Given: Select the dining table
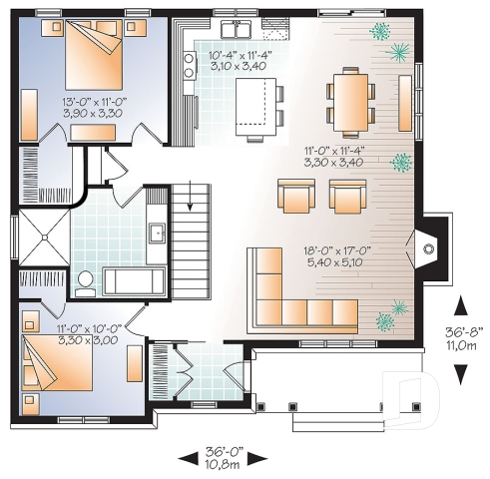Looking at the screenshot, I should point(349,101).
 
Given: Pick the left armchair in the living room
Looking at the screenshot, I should point(295,197).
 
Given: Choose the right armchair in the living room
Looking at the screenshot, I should point(348,196).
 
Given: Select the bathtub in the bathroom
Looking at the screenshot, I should point(134,280).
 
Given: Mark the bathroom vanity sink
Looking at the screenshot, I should point(157,234).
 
